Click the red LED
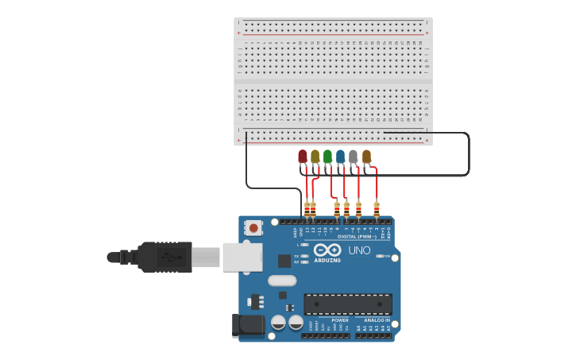pyautogui.click(x=303, y=157)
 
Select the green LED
pyautogui.click(x=327, y=157)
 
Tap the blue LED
pyautogui.click(x=340, y=157)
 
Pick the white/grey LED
pyautogui.click(x=353, y=157)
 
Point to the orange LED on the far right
pyautogui.click(x=366, y=157)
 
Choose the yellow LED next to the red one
pyautogui.click(x=315, y=157)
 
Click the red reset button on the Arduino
pyautogui.click(x=253, y=228)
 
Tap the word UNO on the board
pyautogui.click(x=359, y=250)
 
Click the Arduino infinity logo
pyautogui.click(x=327, y=250)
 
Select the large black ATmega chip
pyautogui.click(x=348, y=304)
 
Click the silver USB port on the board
pyautogui.click(x=242, y=257)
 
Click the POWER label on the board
pyautogui.click(x=340, y=320)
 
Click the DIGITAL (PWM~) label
pyautogui.click(x=358, y=236)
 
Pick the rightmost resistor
pyautogui.click(x=377, y=209)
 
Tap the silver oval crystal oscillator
pyautogui.click(x=282, y=281)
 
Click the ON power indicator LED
pyautogui.click(x=379, y=256)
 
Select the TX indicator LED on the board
pyautogui.click(x=305, y=255)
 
